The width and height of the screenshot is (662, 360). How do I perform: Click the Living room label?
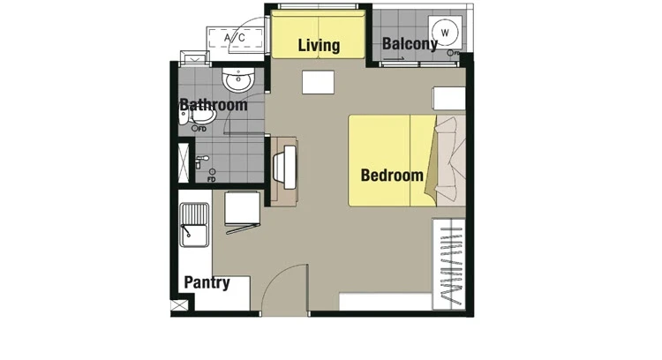319,45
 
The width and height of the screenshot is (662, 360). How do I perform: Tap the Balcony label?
410,43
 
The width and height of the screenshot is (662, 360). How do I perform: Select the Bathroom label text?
214,105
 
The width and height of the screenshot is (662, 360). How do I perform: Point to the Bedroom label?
392,175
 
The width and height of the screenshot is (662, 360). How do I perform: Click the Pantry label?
207,282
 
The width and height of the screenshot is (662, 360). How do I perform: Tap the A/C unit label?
234,38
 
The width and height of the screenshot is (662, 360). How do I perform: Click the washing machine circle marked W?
445,33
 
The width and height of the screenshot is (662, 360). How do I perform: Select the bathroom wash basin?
238,79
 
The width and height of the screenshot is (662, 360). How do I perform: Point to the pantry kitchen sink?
194,224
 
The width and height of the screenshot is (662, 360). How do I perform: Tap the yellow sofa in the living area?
318,34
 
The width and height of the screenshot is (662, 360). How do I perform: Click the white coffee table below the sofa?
318,82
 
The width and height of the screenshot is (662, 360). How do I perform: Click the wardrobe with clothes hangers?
448,264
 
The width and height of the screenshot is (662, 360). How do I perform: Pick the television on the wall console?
285,167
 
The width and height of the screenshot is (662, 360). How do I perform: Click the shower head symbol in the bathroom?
202,161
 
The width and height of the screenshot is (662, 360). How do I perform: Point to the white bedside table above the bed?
448,99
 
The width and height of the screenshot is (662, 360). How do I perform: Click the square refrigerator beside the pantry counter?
242,208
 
